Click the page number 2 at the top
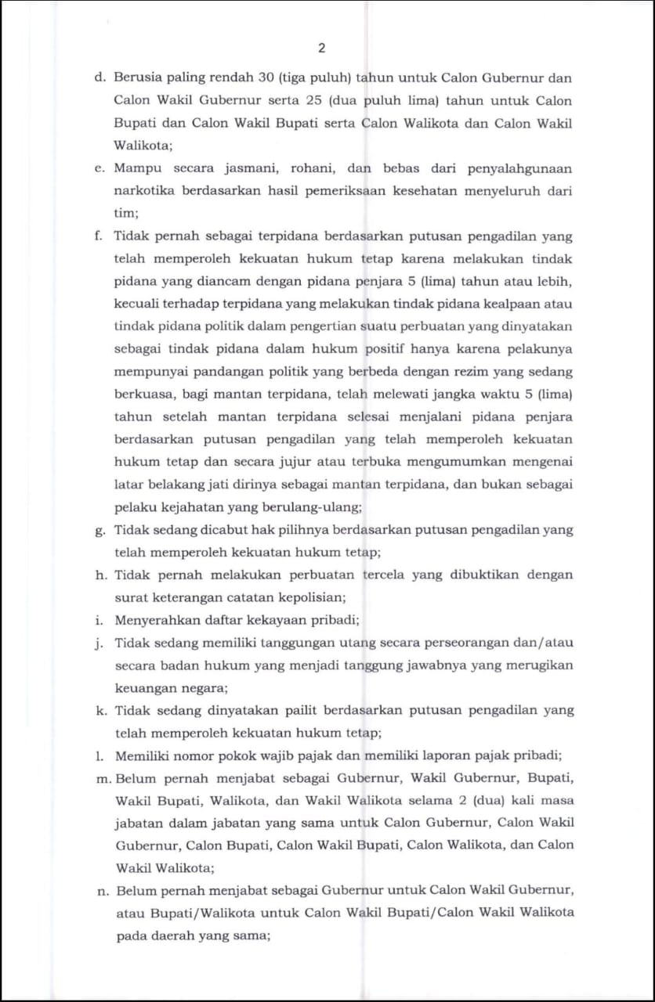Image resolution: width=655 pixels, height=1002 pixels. (322, 49)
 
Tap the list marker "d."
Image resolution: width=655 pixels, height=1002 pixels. (100, 77)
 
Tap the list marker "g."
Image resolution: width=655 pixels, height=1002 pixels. (100, 530)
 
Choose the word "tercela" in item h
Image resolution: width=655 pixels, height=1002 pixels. (390, 575)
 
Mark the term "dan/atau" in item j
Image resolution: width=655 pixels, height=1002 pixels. (544, 643)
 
